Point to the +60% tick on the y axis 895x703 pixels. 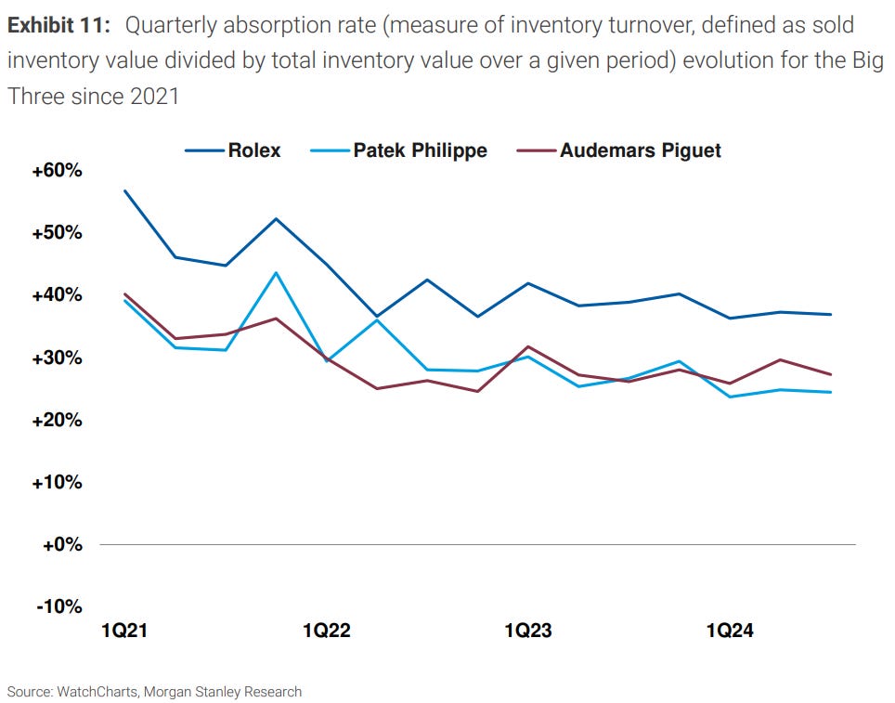pyautogui.click(x=57, y=172)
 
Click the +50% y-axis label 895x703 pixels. pyautogui.click(x=57, y=233)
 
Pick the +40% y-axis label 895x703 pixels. pyautogui.click(x=57, y=295)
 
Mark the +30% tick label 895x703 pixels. pyautogui.click(x=57, y=358)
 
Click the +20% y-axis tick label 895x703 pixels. pyautogui.click(x=57, y=420)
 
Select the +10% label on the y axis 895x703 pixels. pyautogui.click(x=57, y=482)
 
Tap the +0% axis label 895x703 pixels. pyautogui.click(x=60, y=544)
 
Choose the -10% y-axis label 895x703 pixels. pyautogui.click(x=58, y=606)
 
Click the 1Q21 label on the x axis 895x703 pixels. pyautogui.click(x=123, y=631)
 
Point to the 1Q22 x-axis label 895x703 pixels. pyautogui.click(x=326, y=631)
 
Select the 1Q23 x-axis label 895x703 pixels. pyautogui.click(x=528, y=631)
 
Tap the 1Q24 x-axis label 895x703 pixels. pyautogui.click(x=730, y=631)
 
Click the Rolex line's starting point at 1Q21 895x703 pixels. pyautogui.click(x=124, y=191)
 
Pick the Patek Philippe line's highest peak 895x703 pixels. pyautogui.click(x=276, y=273)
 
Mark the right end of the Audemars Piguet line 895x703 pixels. pyautogui.click(x=831, y=374)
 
